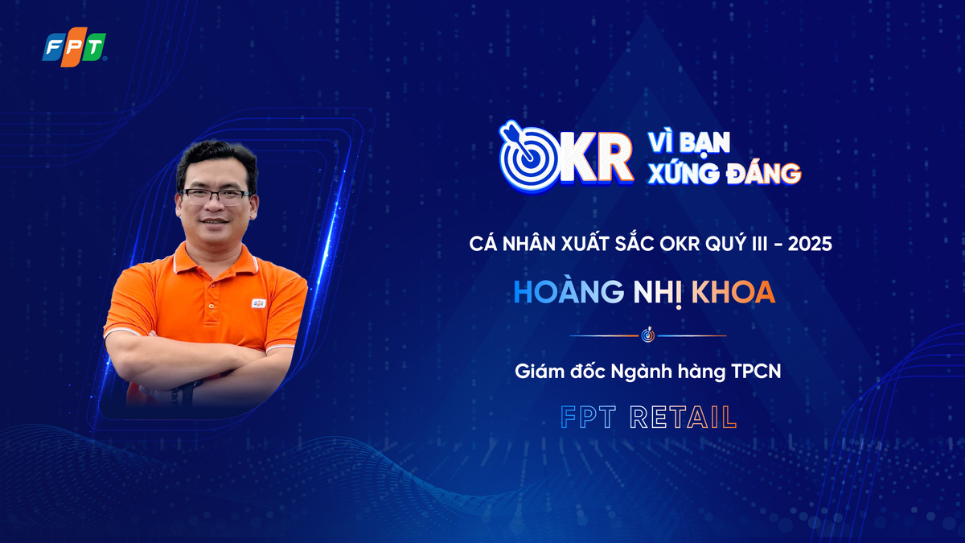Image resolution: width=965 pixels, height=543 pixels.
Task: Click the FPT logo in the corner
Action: pos(74,47)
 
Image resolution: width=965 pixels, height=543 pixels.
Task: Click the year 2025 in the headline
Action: pos(808,242)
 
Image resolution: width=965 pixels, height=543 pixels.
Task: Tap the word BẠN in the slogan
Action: pos(705,142)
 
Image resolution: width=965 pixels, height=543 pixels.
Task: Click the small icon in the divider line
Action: pos(648,335)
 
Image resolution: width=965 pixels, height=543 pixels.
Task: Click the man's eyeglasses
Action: pos(215,195)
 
